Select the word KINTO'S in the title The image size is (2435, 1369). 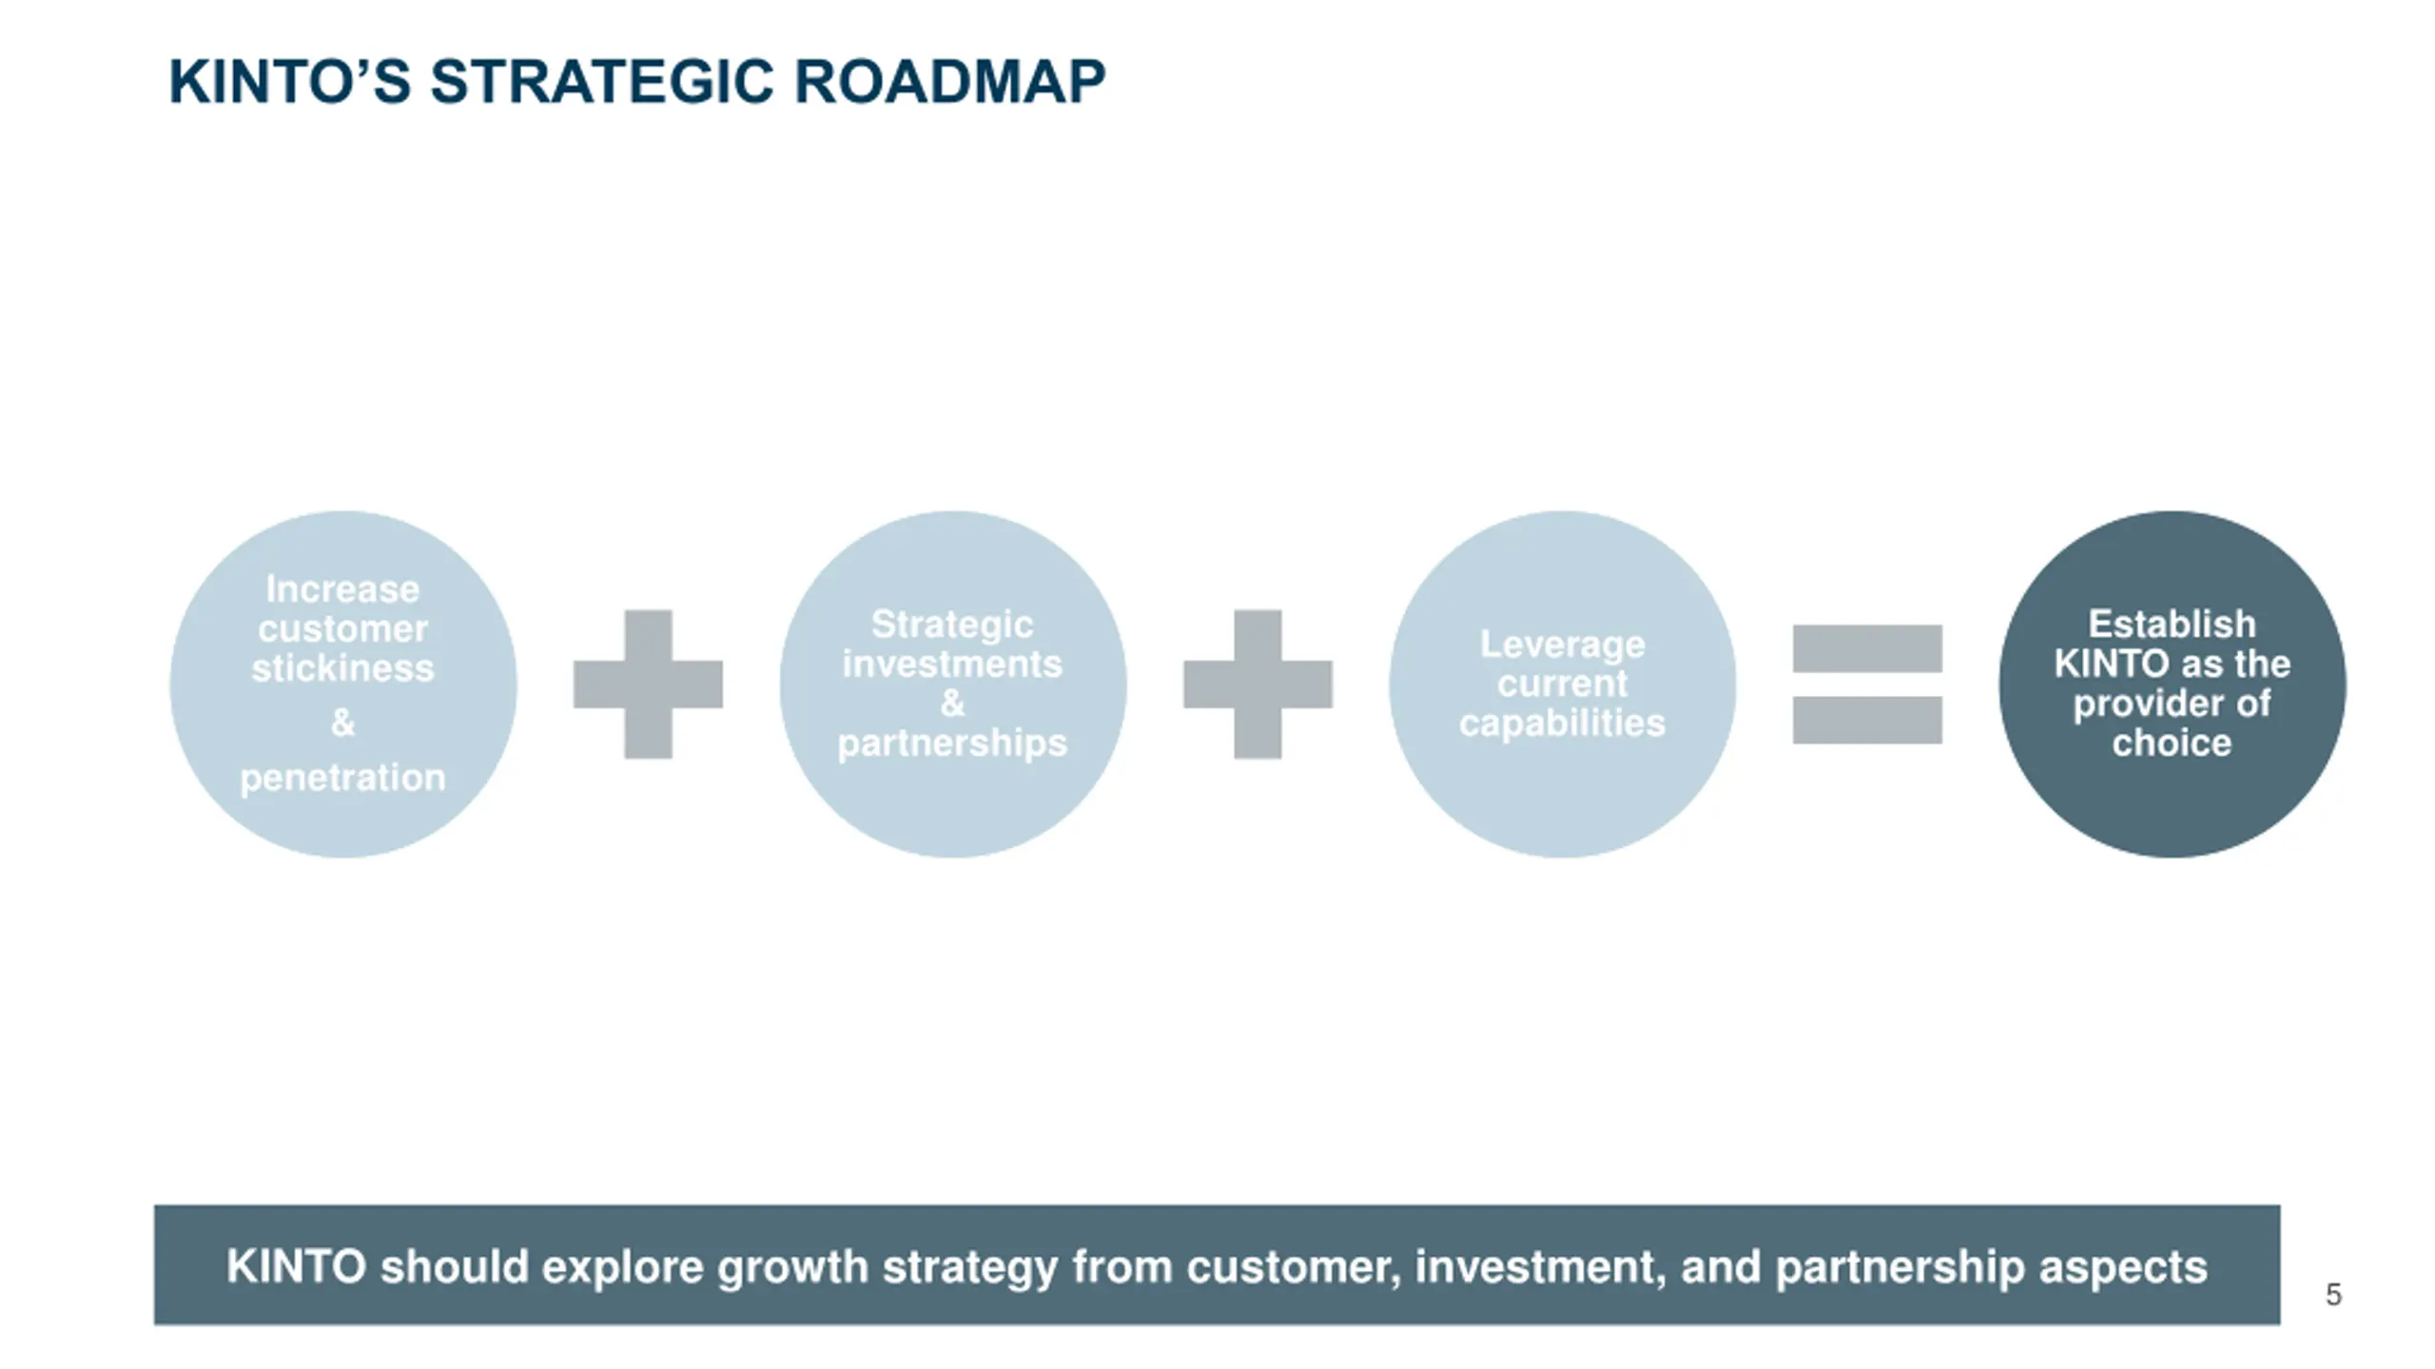click(x=289, y=82)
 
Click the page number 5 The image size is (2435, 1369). click(x=2333, y=1295)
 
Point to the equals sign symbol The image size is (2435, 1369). click(x=1867, y=684)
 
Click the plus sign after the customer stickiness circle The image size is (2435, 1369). click(x=648, y=684)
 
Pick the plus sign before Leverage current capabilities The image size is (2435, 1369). click(x=1257, y=684)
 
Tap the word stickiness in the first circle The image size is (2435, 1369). click(x=342, y=668)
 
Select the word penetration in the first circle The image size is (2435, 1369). click(x=342, y=779)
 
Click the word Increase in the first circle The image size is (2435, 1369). click(x=342, y=589)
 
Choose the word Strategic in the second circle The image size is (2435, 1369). click(x=952, y=625)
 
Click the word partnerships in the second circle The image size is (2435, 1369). click(x=952, y=742)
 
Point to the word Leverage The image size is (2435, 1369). click(x=1562, y=645)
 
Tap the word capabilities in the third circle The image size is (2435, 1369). click(x=1562, y=723)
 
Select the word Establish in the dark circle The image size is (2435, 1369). click(x=2172, y=625)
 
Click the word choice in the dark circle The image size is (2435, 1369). click(x=2172, y=742)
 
